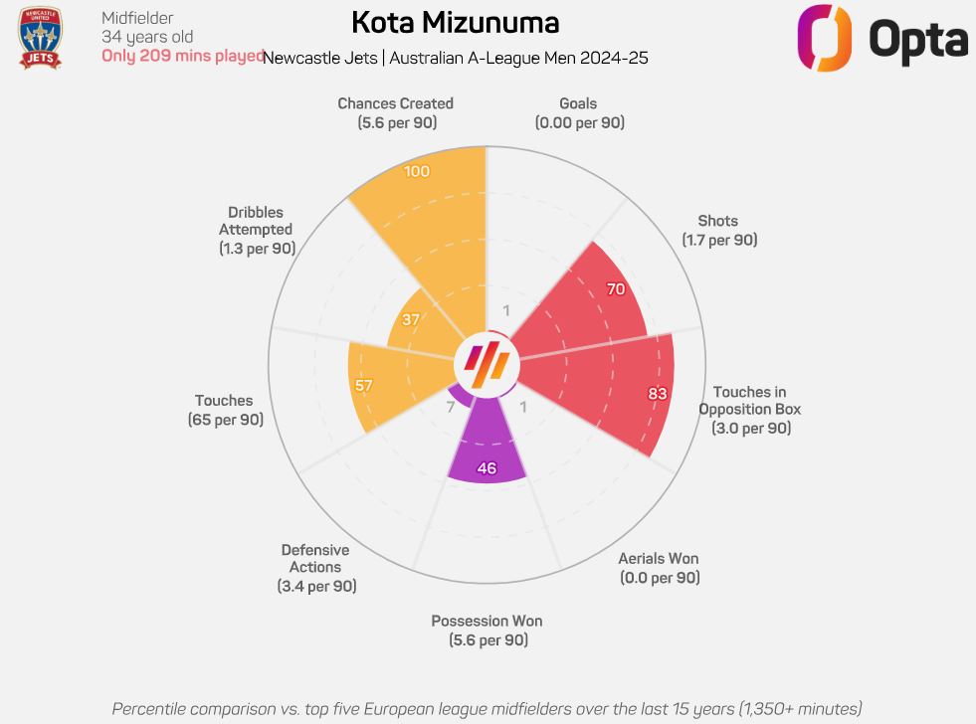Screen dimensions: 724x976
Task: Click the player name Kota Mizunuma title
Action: [455, 23]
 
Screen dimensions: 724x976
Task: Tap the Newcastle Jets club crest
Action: [40, 39]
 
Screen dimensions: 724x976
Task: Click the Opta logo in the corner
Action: [882, 38]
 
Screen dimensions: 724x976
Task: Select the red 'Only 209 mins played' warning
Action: [182, 56]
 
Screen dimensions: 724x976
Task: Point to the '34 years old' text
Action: [147, 37]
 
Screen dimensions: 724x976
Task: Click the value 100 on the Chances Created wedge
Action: [418, 172]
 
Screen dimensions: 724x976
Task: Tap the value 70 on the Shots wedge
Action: [616, 290]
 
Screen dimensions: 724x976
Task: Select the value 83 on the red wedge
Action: [658, 394]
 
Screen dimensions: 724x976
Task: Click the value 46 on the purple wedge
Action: [487, 468]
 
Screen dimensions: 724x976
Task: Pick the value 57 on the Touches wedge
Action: [364, 385]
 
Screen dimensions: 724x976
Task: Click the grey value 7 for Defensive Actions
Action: [451, 407]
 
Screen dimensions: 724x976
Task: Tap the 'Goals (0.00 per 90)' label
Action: [579, 112]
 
